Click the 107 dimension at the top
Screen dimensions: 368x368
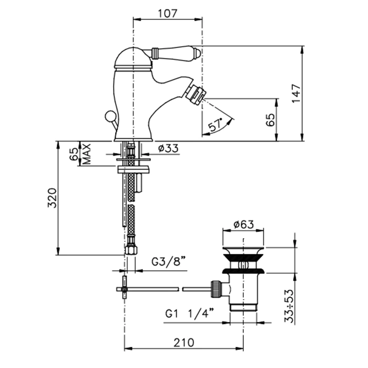(x=167, y=13)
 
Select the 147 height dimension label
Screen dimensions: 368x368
(x=296, y=93)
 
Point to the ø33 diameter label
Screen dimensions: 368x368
(x=168, y=148)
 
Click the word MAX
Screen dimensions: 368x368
(x=87, y=154)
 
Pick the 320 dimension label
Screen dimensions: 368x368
(x=52, y=198)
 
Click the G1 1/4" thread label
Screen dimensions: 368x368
(x=190, y=313)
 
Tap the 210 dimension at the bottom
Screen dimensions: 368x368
(x=184, y=343)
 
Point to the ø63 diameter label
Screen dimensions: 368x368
(x=243, y=224)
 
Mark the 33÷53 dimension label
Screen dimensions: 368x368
(x=289, y=306)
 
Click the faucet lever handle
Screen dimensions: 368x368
(x=175, y=53)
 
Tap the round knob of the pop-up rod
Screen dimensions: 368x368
(x=109, y=116)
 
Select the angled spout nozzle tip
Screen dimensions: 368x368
(x=195, y=95)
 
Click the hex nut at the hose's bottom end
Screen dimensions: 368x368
(x=131, y=250)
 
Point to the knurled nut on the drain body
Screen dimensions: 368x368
(x=216, y=289)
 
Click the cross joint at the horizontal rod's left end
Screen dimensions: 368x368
(x=124, y=287)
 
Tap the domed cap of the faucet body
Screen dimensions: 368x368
(x=133, y=58)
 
